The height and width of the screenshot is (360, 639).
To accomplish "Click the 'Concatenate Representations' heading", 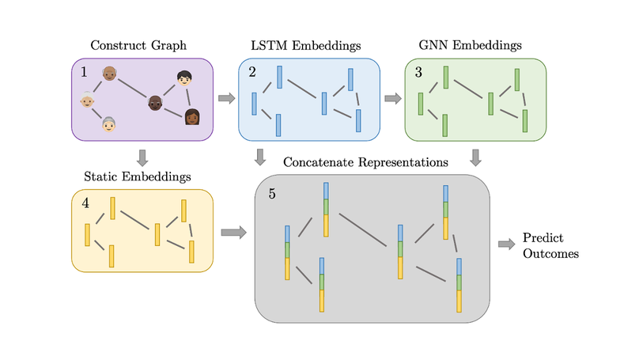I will (x=366, y=162).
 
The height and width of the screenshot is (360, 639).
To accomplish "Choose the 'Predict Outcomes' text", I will (x=550, y=246).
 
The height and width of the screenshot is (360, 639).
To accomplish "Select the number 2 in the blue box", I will (x=252, y=74).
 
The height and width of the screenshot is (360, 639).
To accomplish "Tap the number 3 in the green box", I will (x=418, y=74).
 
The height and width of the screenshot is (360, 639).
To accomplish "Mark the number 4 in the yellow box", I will (x=85, y=204).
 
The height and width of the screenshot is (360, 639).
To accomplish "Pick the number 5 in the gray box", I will (x=272, y=193).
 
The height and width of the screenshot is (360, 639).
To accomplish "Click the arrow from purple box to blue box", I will (x=226, y=99).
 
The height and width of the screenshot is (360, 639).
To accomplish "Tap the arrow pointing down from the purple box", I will (x=142, y=157).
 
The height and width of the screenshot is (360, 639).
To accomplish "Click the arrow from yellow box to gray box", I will (x=233, y=233).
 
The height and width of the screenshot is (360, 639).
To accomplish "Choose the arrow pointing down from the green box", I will (x=475, y=157).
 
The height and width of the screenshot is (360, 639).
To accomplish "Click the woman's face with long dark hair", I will (x=191, y=118).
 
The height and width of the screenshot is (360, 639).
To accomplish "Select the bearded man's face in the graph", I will (x=156, y=102).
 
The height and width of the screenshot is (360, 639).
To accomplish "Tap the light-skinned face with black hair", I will (x=184, y=78).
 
